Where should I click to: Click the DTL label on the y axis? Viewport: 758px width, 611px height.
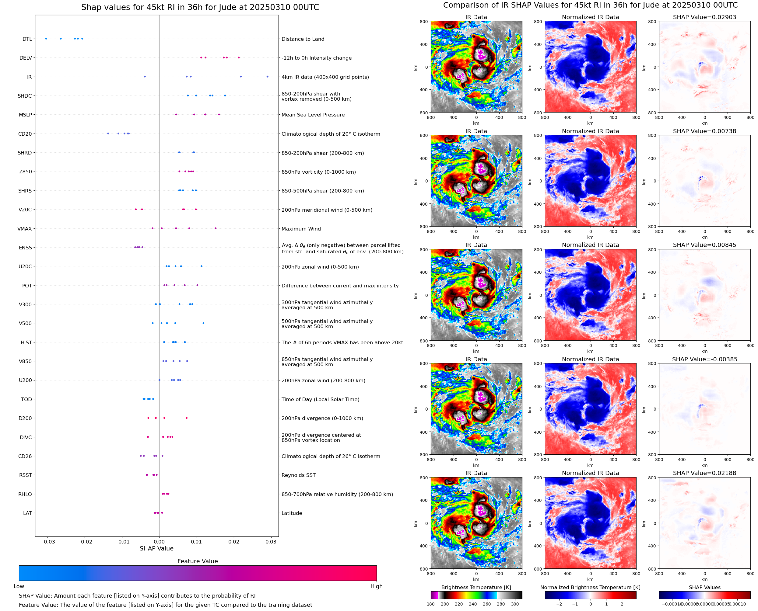pos(27,39)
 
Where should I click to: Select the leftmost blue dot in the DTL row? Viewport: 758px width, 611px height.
pos(46,39)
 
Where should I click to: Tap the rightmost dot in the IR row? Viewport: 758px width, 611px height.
pos(267,76)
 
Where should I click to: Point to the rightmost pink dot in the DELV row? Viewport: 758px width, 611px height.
pos(239,57)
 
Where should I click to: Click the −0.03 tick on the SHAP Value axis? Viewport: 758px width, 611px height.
pos(47,542)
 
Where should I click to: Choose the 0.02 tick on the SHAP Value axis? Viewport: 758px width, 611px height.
pos(234,542)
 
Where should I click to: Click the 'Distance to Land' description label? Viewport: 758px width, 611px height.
pos(303,39)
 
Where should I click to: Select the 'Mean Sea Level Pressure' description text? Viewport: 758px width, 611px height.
pos(313,115)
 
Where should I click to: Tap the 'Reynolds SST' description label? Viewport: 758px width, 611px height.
pos(298,475)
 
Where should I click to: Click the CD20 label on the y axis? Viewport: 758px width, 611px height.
pos(25,134)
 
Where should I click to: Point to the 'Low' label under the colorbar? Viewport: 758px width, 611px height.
pos(19,586)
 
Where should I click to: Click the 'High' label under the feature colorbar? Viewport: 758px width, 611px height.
pos(376,586)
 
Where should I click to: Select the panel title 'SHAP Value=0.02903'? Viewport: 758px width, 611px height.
pos(704,17)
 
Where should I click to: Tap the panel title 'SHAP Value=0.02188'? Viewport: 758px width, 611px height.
pos(704,473)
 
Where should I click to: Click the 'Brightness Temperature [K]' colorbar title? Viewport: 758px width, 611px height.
pos(476,587)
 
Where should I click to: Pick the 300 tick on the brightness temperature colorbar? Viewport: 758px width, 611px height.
pos(514,604)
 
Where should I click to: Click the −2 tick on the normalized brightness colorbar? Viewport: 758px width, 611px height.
pos(559,604)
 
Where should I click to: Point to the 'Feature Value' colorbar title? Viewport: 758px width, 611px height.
pos(198,561)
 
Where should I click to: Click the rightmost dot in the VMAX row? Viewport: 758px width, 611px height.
pos(216,228)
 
